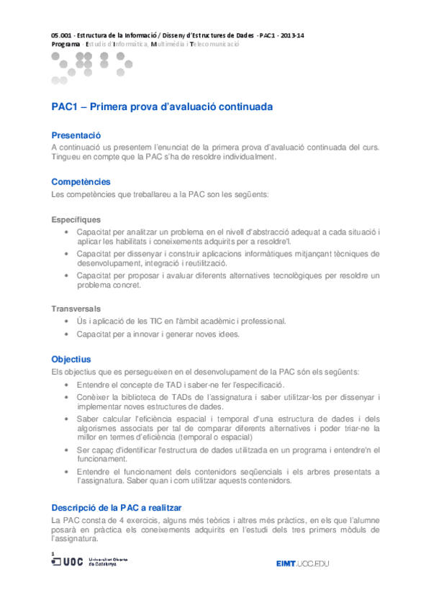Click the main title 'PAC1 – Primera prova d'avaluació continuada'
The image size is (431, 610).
[x=162, y=106]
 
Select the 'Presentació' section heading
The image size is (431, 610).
[x=76, y=135]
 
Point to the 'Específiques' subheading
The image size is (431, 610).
[x=76, y=219]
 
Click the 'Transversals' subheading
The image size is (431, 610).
[x=76, y=308]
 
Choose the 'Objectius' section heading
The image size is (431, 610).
[x=71, y=358]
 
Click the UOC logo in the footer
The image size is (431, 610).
[x=68, y=562]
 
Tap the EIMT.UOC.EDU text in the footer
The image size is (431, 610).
[x=302, y=563]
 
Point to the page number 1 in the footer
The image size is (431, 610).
[x=53, y=552]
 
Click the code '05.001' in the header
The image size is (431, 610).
[x=63, y=35]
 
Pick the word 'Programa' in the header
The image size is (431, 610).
[x=66, y=44]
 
